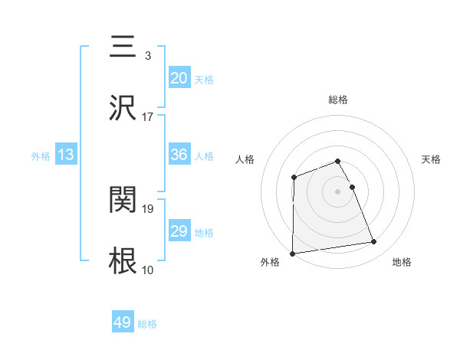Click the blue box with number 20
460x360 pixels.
(x=179, y=78)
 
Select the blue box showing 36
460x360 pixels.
(x=179, y=155)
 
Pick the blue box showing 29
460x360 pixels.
(x=179, y=231)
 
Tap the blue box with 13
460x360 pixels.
(x=66, y=155)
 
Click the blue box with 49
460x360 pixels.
(x=123, y=322)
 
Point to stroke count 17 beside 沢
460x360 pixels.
(x=148, y=117)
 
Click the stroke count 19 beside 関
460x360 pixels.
(x=148, y=208)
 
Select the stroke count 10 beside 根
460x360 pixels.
(x=148, y=270)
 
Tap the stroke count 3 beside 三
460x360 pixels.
(x=148, y=56)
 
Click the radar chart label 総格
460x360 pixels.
(x=338, y=100)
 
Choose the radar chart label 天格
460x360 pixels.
(x=432, y=159)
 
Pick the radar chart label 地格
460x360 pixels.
(x=402, y=263)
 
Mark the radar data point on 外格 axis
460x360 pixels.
(x=292, y=254)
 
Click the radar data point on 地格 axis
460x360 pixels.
(x=374, y=242)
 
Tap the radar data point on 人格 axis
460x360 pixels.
(x=294, y=178)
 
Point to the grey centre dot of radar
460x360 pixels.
(x=338, y=191)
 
